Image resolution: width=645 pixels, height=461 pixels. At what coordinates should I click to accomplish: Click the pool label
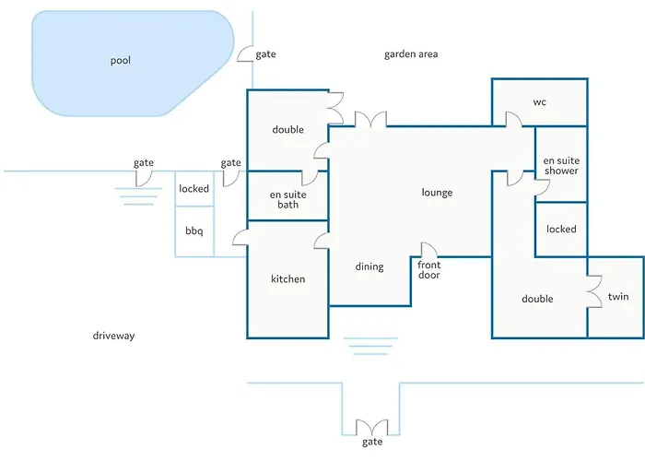pos(121,61)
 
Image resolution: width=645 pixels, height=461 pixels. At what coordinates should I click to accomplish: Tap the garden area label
pos(411,54)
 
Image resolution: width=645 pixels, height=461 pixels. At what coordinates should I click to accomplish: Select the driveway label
pos(113,336)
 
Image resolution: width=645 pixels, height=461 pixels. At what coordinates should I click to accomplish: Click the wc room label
pos(540,101)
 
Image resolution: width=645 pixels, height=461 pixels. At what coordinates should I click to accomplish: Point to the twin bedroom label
pos(617,297)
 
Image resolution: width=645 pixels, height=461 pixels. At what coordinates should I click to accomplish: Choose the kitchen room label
pos(287,278)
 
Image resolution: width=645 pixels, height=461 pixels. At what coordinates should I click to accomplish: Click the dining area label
pos(369,267)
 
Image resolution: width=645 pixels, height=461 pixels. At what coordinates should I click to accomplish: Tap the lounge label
pos(437,193)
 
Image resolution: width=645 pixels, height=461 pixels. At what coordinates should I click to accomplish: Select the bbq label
pos(193,230)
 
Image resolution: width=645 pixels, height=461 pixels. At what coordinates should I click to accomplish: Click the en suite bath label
pos(287,199)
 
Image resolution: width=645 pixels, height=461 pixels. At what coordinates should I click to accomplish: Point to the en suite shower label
pos(561,166)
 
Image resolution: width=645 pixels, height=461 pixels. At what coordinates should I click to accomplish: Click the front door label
pos(428,270)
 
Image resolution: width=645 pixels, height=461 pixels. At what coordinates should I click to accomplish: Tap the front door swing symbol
pos(428,250)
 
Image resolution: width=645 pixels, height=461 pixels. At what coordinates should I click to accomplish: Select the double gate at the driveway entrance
pos(371,429)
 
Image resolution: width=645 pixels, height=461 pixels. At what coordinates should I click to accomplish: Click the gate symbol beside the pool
pos(246,53)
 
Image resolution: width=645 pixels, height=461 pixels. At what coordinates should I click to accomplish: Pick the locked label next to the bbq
pos(193,189)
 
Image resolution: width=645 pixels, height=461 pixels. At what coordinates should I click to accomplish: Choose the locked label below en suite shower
pos(561,229)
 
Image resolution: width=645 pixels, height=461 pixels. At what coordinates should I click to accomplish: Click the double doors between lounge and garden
pos(371,119)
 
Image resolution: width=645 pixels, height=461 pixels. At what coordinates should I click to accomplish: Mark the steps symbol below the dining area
pos(369,346)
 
